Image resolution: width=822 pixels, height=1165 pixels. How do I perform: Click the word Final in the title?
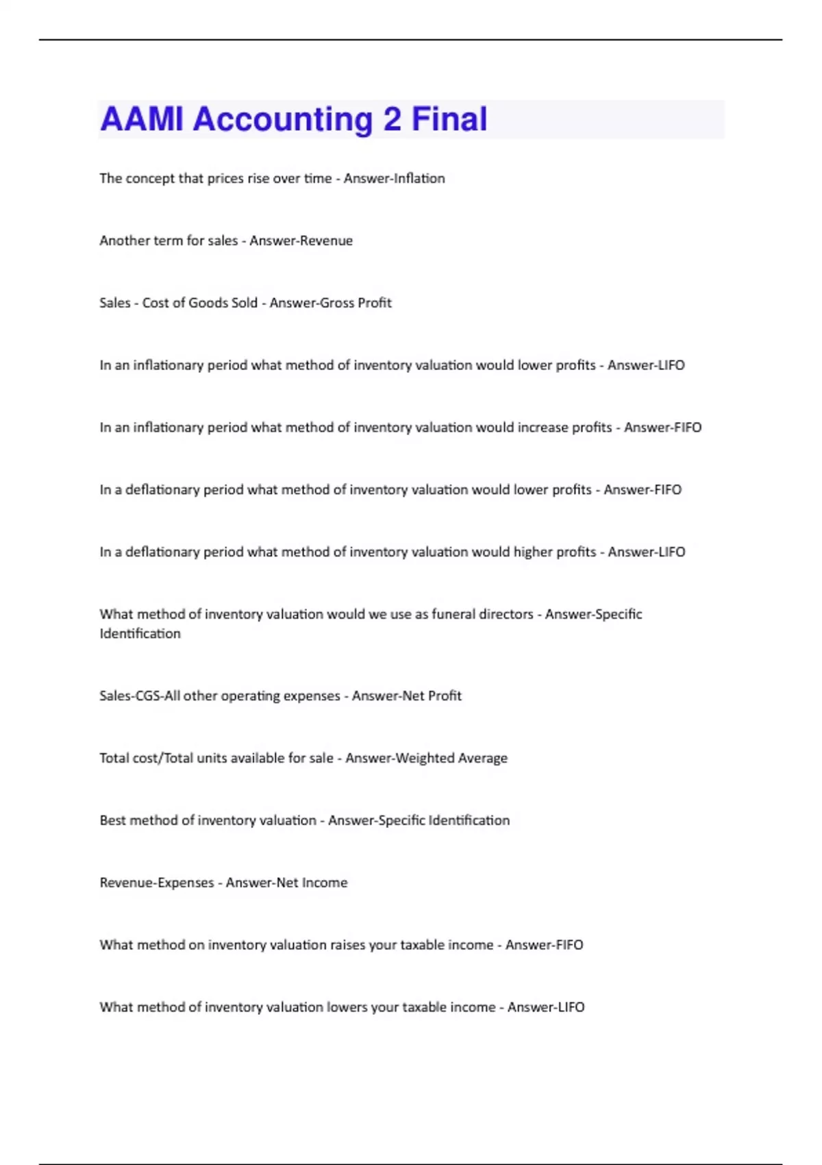pyautogui.click(x=449, y=119)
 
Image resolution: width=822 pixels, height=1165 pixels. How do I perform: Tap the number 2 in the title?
pyautogui.click(x=392, y=119)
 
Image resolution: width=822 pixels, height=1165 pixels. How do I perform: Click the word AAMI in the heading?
pyautogui.click(x=142, y=119)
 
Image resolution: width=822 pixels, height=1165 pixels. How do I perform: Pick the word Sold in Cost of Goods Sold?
pyautogui.click(x=244, y=303)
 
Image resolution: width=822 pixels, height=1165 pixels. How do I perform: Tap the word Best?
pyautogui.click(x=112, y=820)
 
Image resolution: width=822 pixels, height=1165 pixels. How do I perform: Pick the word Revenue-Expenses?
pyautogui.click(x=156, y=883)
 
